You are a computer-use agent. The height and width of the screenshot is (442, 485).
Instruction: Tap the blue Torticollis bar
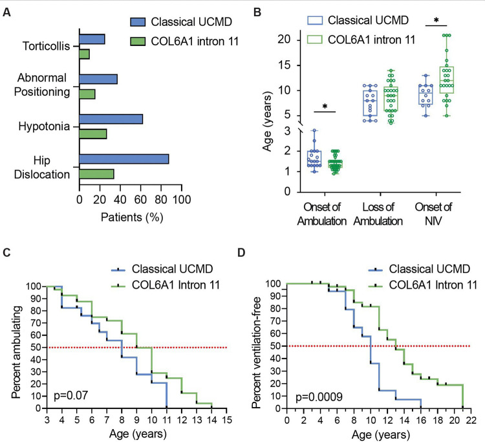pos(92,39)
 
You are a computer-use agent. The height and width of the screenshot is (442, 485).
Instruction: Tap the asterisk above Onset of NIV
pos(436,21)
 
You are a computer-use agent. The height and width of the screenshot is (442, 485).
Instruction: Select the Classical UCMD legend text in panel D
pos(407,265)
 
